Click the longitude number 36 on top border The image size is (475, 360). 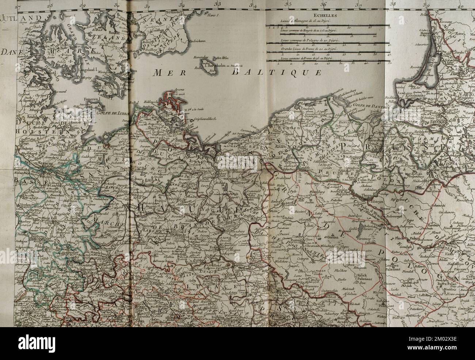(x=323, y=4)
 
